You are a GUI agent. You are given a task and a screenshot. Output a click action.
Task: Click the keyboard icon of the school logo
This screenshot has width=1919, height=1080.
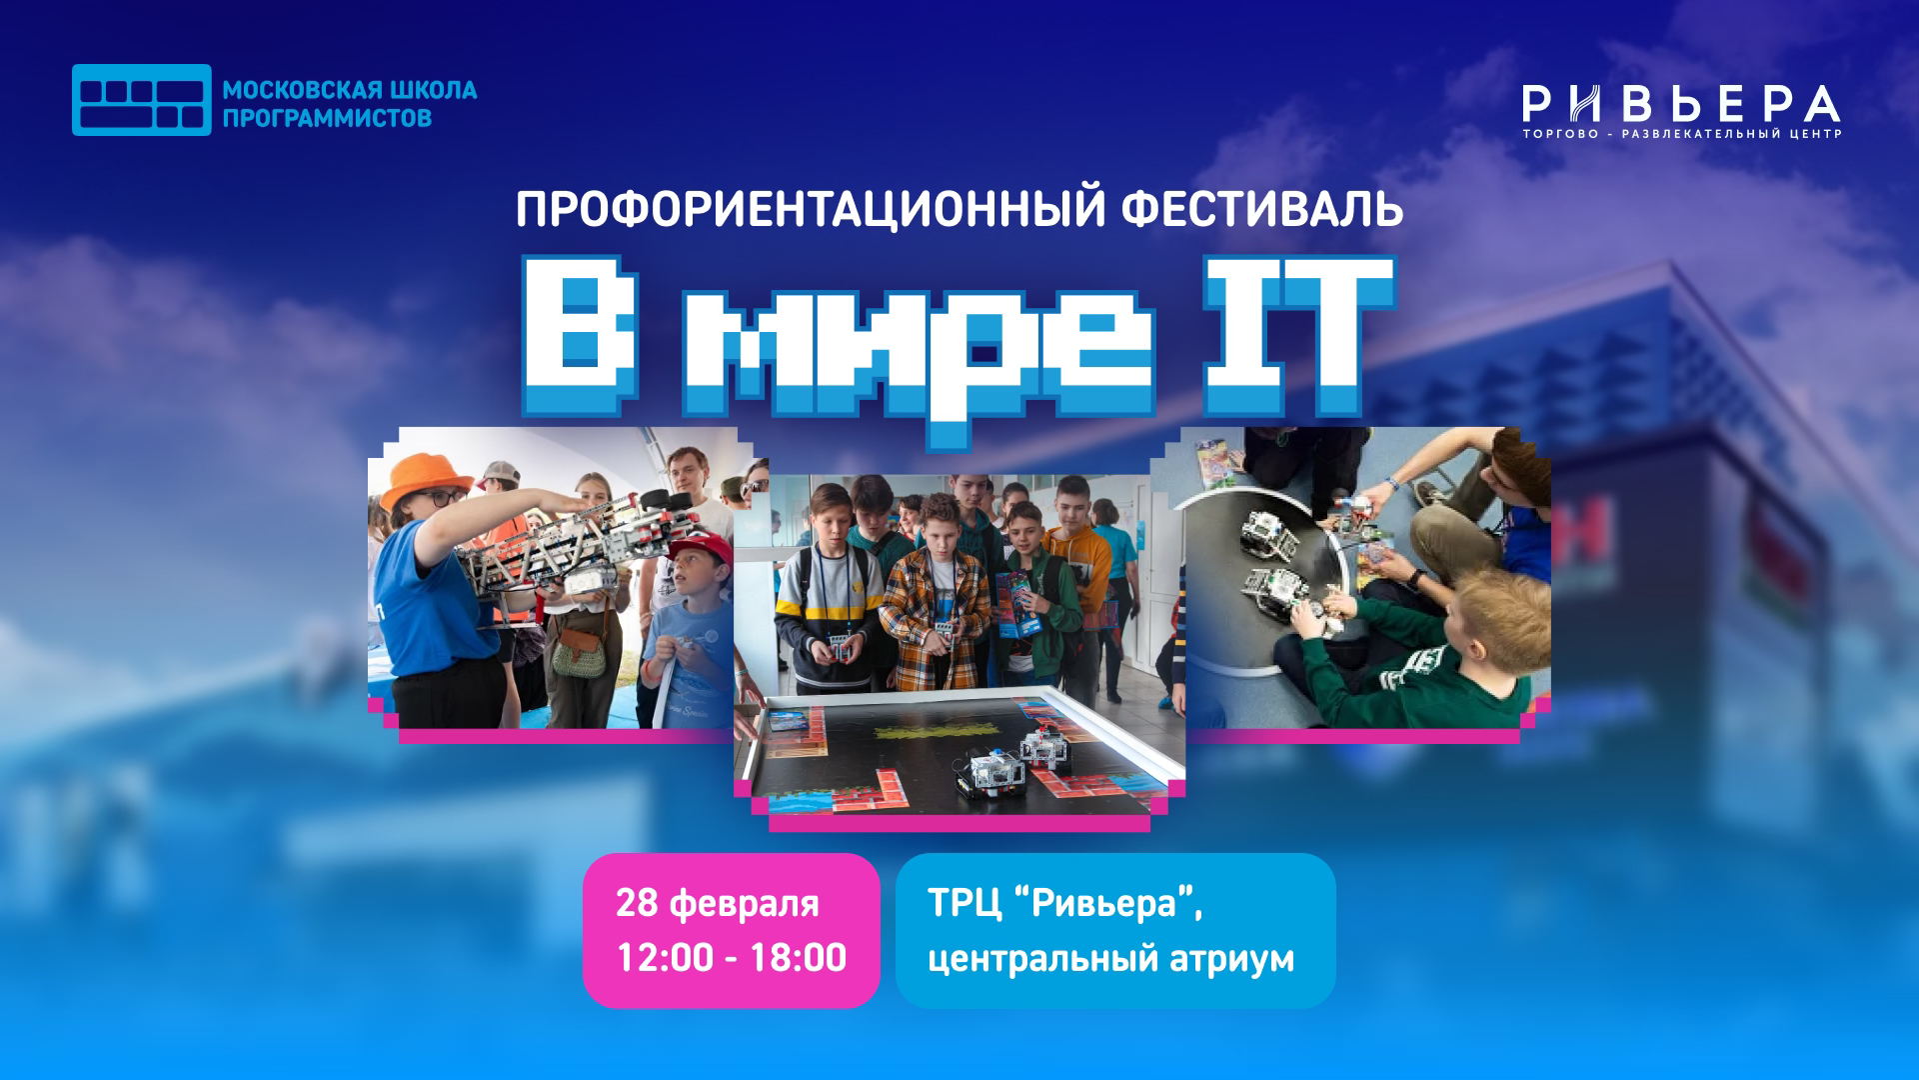(x=141, y=100)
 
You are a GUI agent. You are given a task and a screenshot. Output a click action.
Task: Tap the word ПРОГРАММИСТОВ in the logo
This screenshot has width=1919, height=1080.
(x=327, y=118)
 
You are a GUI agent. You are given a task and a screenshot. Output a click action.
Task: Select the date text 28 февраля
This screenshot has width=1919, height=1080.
(x=717, y=903)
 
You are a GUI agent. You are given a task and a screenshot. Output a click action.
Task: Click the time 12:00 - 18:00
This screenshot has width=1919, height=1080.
(x=731, y=957)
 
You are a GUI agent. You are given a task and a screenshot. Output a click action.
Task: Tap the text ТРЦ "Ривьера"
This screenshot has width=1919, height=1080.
(x=1064, y=903)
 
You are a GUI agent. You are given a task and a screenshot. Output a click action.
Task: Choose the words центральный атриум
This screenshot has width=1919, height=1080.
(x=1110, y=958)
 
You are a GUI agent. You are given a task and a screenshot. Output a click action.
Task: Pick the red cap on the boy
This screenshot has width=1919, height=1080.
(x=700, y=546)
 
